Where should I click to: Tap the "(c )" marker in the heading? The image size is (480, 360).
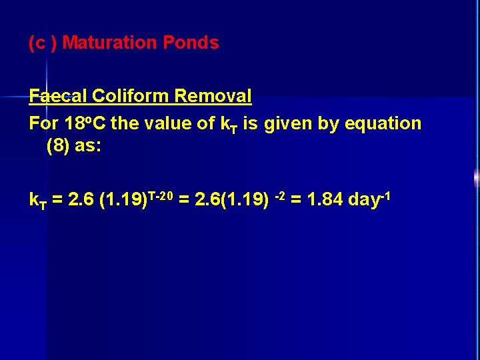point(43,43)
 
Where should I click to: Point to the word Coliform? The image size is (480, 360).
point(130,96)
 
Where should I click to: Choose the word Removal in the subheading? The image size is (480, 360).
point(213,96)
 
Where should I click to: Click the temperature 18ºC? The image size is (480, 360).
point(83,123)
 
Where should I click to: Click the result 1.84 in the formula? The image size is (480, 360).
point(323,199)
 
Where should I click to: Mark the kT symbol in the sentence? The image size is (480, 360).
point(227,124)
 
